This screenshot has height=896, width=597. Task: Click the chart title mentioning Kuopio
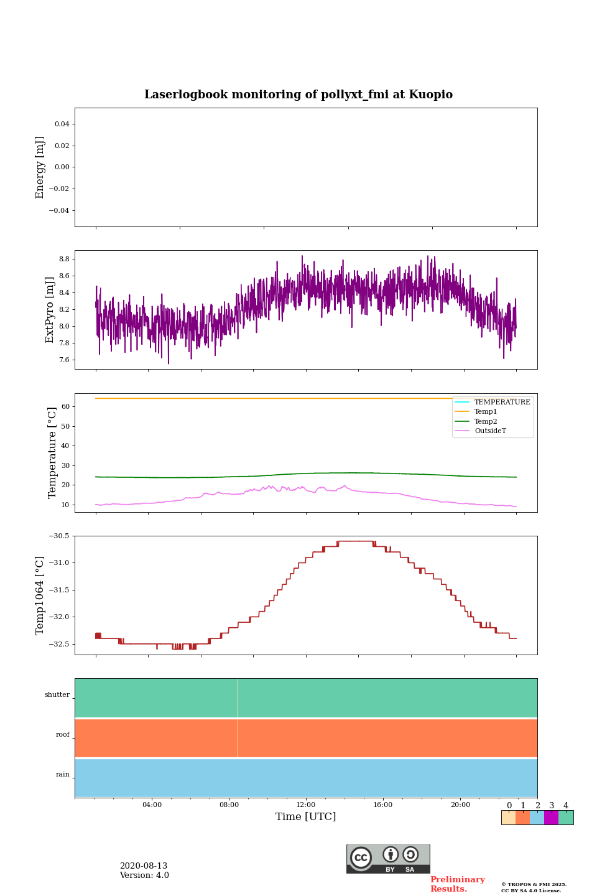(x=298, y=95)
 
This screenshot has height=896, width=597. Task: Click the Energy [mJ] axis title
(x=40, y=167)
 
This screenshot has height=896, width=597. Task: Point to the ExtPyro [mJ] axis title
(x=50, y=310)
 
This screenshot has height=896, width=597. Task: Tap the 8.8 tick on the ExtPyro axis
(x=63, y=259)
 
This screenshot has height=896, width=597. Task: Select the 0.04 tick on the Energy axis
(x=62, y=124)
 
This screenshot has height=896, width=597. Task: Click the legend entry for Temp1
(x=486, y=412)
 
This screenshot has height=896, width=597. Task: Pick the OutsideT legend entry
(x=490, y=431)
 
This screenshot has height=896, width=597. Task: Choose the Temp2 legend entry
(x=486, y=421)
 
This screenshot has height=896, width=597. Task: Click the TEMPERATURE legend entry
(x=502, y=402)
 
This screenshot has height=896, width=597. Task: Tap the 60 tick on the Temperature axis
(x=65, y=407)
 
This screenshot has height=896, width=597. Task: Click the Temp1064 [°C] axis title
(x=40, y=595)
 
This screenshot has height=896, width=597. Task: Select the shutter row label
(x=57, y=695)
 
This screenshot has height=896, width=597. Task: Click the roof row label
(x=63, y=735)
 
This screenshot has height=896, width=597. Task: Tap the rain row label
(x=63, y=775)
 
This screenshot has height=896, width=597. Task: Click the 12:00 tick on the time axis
(x=306, y=805)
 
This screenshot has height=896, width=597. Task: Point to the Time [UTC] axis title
(x=306, y=817)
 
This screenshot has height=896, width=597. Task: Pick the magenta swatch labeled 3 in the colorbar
(x=551, y=818)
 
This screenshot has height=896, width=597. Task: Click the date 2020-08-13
(x=144, y=866)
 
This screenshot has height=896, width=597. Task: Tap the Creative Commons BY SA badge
(x=388, y=859)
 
